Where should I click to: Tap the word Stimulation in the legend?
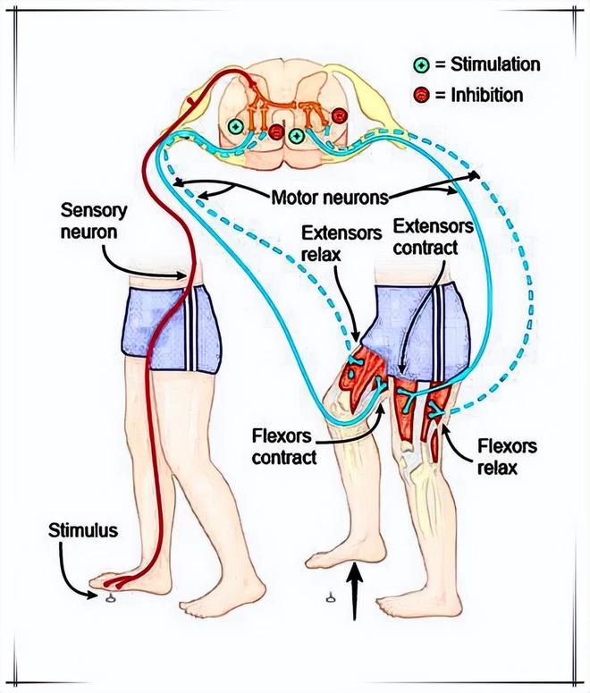point(488,64)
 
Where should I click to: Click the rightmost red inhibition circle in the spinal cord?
point(338,115)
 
